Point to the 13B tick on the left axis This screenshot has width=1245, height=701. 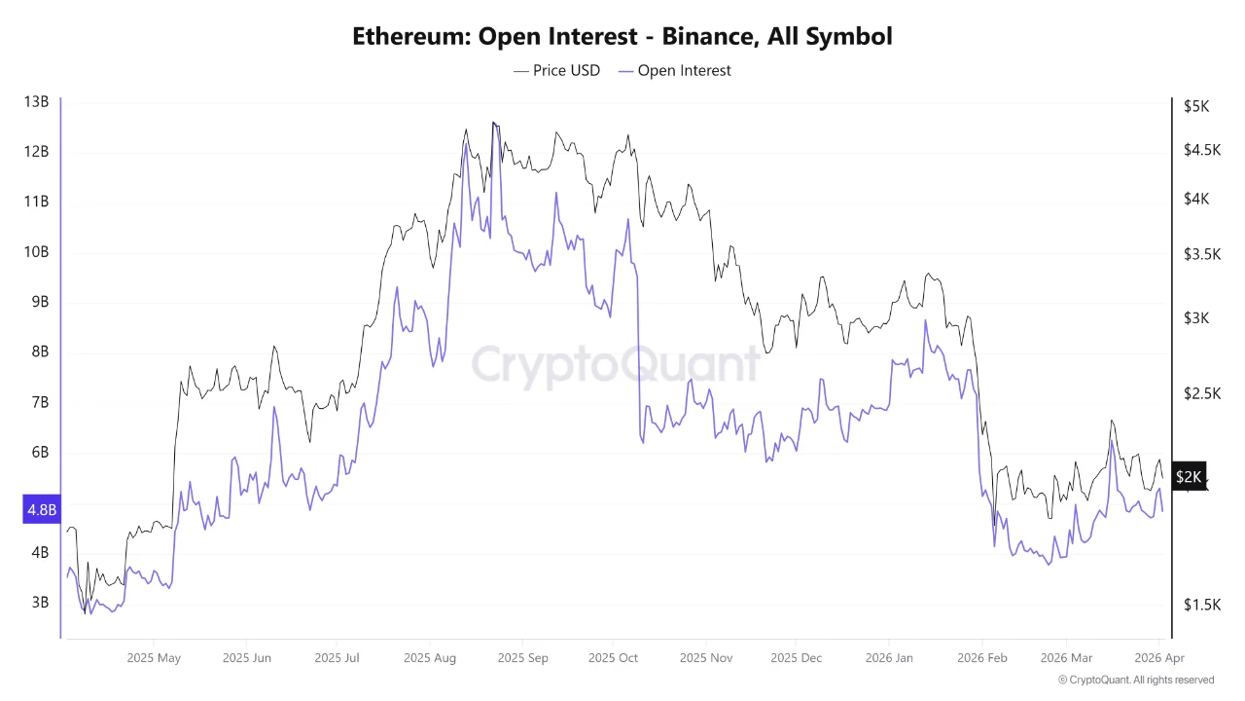coord(36,101)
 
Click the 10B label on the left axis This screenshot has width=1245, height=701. coord(36,252)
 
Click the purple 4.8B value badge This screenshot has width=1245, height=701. coord(41,509)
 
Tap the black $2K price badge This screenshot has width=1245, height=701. coord(1189,476)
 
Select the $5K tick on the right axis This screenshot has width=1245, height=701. coord(1196,106)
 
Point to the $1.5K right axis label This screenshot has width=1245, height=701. coord(1202,605)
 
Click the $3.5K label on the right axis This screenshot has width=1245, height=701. coord(1202,254)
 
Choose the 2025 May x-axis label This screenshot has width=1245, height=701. coord(154,658)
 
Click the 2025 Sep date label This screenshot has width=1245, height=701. coord(522,658)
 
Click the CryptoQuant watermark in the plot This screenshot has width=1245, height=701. coord(615,364)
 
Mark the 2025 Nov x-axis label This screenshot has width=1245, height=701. coord(705,658)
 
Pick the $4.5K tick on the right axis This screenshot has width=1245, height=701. coord(1202,150)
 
